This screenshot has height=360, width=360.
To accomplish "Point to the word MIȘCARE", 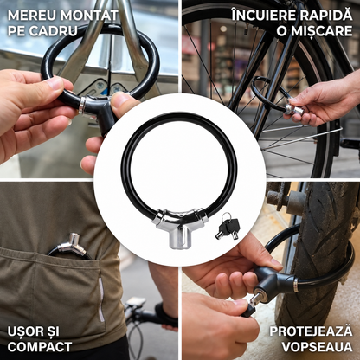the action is pyautogui.click(x=321, y=30).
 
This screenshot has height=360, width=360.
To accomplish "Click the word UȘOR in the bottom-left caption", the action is pyautogui.click(x=25, y=331).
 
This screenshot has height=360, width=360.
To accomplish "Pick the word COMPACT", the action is pyautogui.click(x=40, y=347).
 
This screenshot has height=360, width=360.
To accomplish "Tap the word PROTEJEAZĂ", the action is pyautogui.click(x=311, y=331).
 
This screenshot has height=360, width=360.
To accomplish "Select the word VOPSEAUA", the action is pyautogui.click(x=317, y=347).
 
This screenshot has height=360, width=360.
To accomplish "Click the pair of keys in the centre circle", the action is pyautogui.click(x=228, y=226).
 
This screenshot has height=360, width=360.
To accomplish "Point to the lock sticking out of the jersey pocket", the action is pyautogui.click(x=71, y=246).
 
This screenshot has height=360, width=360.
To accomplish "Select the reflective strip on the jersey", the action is pyautogui.click(x=100, y=299).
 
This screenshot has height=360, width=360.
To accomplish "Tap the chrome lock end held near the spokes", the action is pyautogui.click(x=293, y=110).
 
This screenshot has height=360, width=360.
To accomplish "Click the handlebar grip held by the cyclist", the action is pyautogui.click(x=165, y=314).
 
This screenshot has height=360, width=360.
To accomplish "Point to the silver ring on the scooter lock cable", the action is pyautogui.click(x=296, y=285).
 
